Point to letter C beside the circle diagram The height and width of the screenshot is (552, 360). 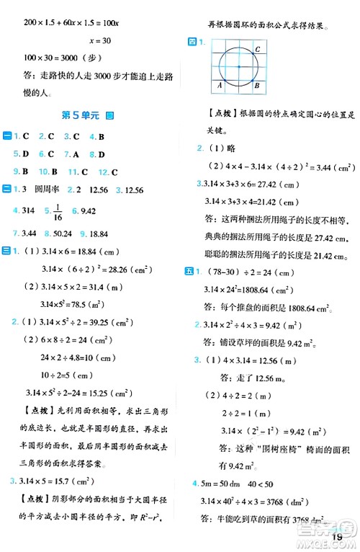[258, 48]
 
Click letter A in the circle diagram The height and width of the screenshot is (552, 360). [219, 85]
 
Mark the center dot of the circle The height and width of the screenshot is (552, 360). [238, 67]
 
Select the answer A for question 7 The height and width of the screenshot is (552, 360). [75, 153]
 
